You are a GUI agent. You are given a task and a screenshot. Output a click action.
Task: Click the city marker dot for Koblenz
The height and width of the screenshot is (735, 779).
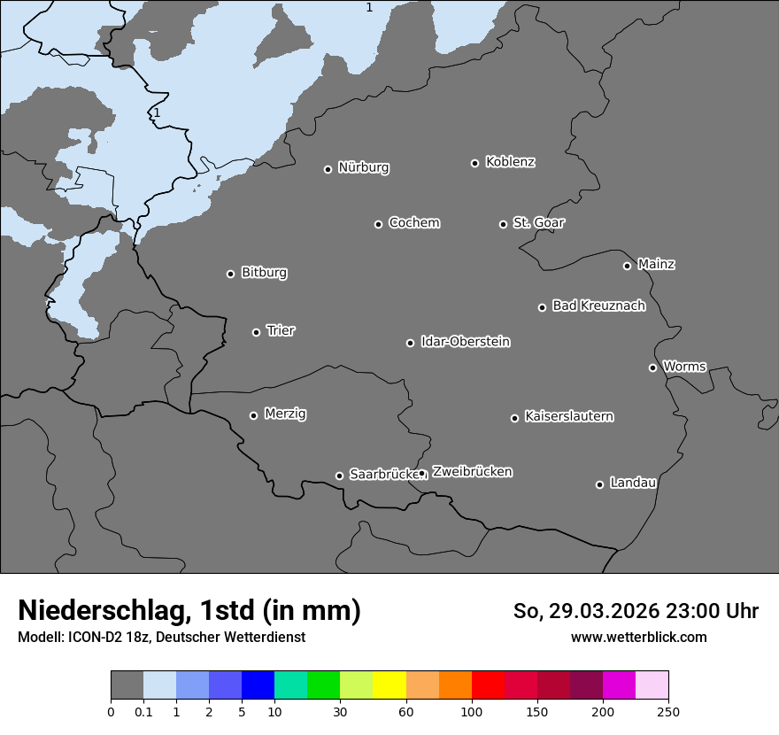(474, 163)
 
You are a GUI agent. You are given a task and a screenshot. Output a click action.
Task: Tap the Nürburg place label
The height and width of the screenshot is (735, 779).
(363, 167)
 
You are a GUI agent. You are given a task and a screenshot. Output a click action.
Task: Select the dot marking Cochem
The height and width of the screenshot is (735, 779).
(378, 224)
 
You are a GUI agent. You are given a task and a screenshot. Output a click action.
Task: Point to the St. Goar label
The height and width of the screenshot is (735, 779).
(538, 222)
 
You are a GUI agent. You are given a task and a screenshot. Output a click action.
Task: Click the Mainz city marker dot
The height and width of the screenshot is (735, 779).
(627, 266)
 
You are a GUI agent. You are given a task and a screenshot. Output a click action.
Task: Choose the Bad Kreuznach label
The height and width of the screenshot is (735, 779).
(598, 306)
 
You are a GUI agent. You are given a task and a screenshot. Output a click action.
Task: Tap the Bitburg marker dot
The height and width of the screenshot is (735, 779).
(230, 274)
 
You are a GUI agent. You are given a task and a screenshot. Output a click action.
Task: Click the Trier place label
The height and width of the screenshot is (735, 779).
(281, 330)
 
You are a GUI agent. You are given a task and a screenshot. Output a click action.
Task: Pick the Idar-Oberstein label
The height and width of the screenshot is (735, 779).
(465, 341)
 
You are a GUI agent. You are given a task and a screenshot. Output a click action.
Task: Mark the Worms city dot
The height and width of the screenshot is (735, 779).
(652, 367)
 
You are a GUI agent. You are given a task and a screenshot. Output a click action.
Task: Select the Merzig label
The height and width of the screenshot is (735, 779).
(285, 414)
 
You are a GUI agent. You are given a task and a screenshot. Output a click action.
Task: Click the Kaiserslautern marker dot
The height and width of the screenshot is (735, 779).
(514, 418)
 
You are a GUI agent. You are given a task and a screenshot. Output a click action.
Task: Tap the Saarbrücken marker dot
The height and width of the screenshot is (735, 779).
(339, 476)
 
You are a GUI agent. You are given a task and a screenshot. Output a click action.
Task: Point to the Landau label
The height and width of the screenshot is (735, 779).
(633, 483)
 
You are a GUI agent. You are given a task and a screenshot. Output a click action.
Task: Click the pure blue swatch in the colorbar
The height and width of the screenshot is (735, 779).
(258, 685)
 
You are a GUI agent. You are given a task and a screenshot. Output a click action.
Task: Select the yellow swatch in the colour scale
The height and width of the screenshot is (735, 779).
(389, 685)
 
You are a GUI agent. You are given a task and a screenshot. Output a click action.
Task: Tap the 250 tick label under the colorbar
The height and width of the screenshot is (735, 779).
(668, 711)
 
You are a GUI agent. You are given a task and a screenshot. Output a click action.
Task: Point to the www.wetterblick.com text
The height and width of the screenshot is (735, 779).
(638, 637)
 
